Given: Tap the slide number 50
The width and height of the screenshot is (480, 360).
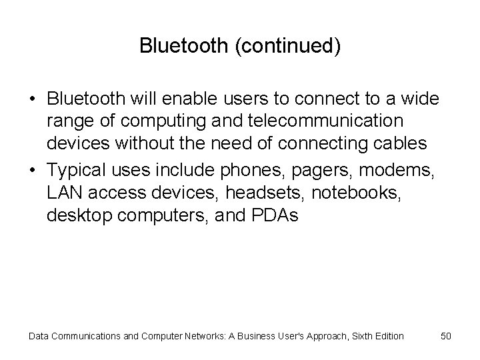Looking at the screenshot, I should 446,336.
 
